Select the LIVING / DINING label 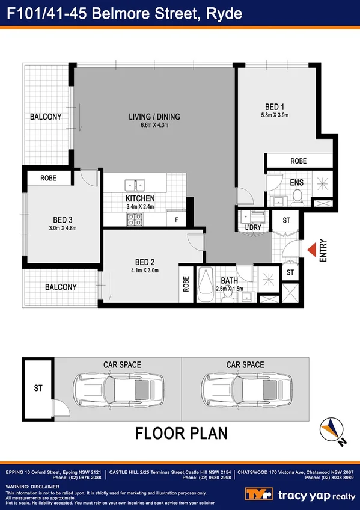(155, 117)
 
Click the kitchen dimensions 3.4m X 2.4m (140, 206)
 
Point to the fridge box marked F (176, 220)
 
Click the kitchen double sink (134, 185)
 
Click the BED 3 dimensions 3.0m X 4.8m (63, 228)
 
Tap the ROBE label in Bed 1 (299, 161)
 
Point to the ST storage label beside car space (37, 388)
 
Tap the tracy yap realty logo (301, 494)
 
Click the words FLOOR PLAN (180, 433)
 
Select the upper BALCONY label (46, 117)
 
